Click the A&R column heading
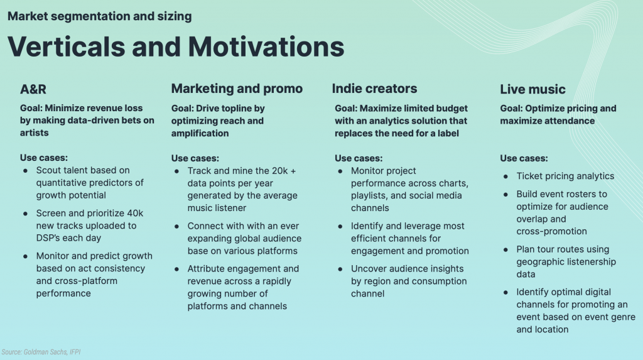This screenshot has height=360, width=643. pyautogui.click(x=33, y=89)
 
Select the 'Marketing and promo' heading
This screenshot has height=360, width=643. pyautogui.click(x=237, y=89)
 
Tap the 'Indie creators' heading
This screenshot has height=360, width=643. pyautogui.click(x=374, y=89)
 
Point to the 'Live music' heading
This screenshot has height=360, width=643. pyautogui.click(x=532, y=89)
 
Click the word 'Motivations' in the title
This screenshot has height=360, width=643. pyautogui.click(x=266, y=46)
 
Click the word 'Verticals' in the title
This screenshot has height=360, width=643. pyautogui.click(x=66, y=46)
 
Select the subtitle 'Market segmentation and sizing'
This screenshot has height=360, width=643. pyautogui.click(x=100, y=16)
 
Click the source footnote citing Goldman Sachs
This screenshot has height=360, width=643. pyautogui.click(x=41, y=352)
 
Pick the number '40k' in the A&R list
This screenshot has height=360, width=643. pyautogui.click(x=135, y=213)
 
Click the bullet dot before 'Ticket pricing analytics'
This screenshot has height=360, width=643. pyautogui.click(x=505, y=177)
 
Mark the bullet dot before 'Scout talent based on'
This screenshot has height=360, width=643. pyautogui.click(x=25, y=171)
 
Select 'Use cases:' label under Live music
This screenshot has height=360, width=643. pyautogui.click(x=524, y=158)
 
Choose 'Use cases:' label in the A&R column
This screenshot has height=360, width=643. pyautogui.click(x=44, y=158)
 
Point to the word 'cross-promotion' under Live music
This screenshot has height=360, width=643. pyautogui.click(x=551, y=231)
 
